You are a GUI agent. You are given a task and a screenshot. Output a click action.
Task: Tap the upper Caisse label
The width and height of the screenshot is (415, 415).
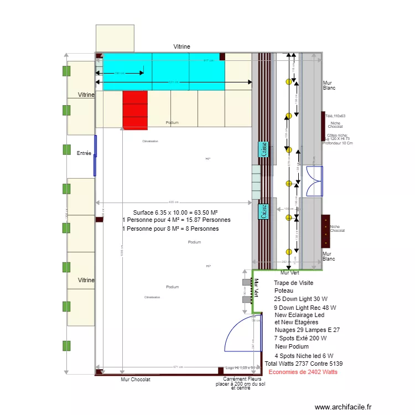(263, 150)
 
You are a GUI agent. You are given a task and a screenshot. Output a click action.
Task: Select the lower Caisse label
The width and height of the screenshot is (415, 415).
(263, 211)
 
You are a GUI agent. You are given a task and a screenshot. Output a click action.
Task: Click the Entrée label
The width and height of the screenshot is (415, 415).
(84, 153)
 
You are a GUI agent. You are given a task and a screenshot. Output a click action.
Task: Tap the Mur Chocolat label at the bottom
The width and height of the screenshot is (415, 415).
(136, 380)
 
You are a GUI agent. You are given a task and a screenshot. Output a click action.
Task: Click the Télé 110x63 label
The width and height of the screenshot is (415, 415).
(335, 116)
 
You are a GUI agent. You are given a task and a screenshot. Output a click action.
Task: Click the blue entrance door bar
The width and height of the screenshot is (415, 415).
(95, 155)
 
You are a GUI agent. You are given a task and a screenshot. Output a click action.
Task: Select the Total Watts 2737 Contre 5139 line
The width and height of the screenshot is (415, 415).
(303, 364)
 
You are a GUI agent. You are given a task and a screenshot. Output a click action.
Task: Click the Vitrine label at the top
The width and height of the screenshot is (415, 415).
(181, 47)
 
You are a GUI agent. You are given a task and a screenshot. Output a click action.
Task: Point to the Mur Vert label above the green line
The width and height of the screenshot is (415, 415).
(290, 273)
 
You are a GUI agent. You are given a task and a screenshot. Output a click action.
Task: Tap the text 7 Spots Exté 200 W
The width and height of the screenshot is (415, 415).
(300, 338)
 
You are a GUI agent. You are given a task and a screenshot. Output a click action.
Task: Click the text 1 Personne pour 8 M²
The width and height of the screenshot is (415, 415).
(170, 229)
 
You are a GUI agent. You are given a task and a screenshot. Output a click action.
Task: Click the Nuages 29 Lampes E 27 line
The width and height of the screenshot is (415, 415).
(307, 330)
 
